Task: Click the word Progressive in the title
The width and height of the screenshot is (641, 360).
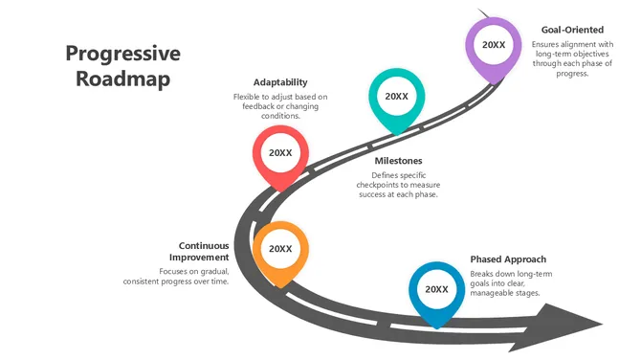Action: point(122,54)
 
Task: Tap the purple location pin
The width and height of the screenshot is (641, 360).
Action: point(494,48)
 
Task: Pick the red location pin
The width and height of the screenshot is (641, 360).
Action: point(280,156)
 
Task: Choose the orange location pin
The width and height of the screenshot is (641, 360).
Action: point(280,252)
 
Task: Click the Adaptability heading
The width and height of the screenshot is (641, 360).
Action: point(280,82)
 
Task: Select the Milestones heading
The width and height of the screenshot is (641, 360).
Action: point(398,161)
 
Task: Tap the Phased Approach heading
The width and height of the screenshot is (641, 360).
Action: point(508,259)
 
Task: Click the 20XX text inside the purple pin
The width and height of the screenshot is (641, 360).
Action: point(494,44)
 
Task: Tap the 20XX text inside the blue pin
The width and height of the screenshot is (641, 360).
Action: point(436,289)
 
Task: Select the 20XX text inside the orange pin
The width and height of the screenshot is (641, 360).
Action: point(280,248)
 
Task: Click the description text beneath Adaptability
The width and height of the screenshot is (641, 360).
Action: point(280,106)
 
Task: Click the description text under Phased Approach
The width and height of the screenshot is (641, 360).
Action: point(511,283)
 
